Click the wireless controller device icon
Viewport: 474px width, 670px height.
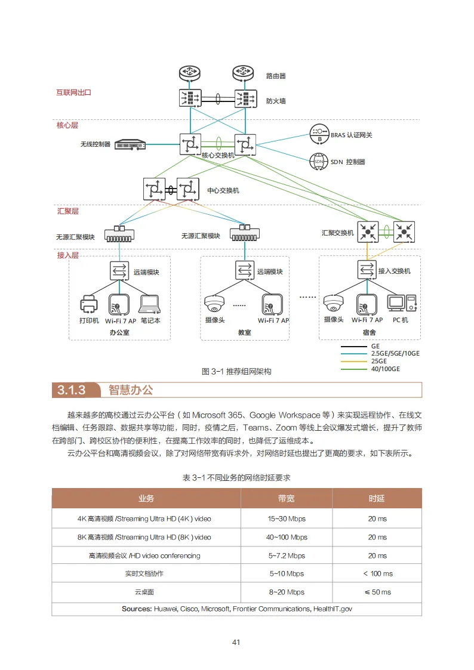tap(130, 144)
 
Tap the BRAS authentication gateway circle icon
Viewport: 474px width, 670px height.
tap(319, 134)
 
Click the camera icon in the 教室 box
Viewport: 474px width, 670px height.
tap(214, 304)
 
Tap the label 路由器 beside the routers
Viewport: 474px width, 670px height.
tap(276, 76)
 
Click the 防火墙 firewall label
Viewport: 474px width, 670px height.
tap(276, 101)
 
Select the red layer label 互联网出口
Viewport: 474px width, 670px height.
tap(73, 92)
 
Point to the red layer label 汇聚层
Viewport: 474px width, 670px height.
tap(67, 211)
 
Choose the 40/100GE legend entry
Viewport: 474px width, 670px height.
tap(385, 369)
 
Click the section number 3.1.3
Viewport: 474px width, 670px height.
tap(72, 390)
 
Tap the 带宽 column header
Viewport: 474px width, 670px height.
tap(286, 498)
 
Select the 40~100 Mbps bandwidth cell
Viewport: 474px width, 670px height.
tap(286, 537)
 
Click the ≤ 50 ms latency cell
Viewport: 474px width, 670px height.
tap(377, 592)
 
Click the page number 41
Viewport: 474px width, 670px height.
tap(236, 642)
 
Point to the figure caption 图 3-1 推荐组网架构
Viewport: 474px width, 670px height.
tap(236, 371)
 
